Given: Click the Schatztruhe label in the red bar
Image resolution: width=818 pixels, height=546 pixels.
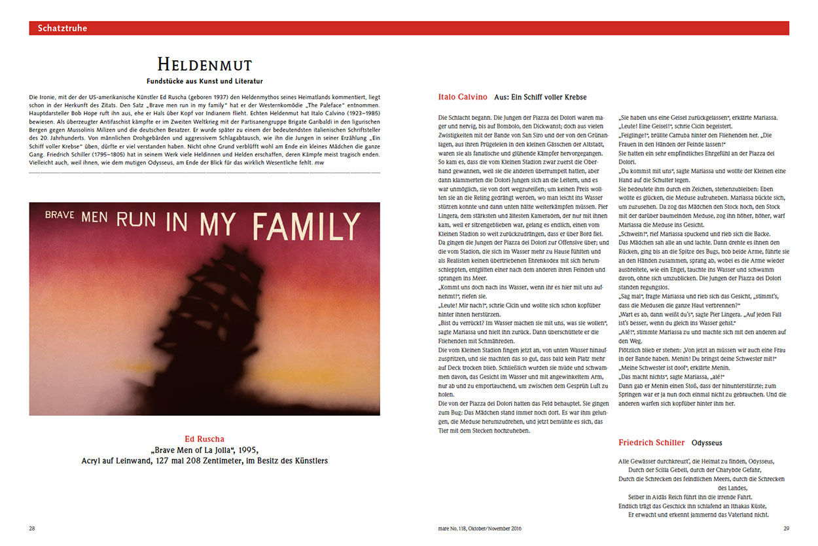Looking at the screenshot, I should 62,28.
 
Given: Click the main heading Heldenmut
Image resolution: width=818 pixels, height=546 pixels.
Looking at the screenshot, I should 204,64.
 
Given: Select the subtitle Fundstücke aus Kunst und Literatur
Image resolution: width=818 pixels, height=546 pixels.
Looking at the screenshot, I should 204,81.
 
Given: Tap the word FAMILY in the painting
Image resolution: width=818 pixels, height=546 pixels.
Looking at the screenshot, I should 306,226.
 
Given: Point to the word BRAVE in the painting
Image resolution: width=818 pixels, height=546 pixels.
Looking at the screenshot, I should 60,214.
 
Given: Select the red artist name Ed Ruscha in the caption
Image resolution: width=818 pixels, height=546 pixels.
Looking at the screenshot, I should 204,439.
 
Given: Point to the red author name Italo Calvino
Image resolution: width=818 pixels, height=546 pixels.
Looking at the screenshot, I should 462,97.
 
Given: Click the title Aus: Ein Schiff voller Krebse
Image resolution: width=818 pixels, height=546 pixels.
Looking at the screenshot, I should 540,97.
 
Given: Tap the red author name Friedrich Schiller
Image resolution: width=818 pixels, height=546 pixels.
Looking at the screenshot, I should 651,443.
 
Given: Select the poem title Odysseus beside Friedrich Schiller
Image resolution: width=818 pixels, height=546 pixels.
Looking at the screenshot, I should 707,443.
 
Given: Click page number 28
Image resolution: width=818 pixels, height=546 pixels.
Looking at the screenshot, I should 32,528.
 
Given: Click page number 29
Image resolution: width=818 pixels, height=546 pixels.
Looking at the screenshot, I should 787,528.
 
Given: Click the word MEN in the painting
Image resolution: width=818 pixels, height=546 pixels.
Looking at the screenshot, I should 94,217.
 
